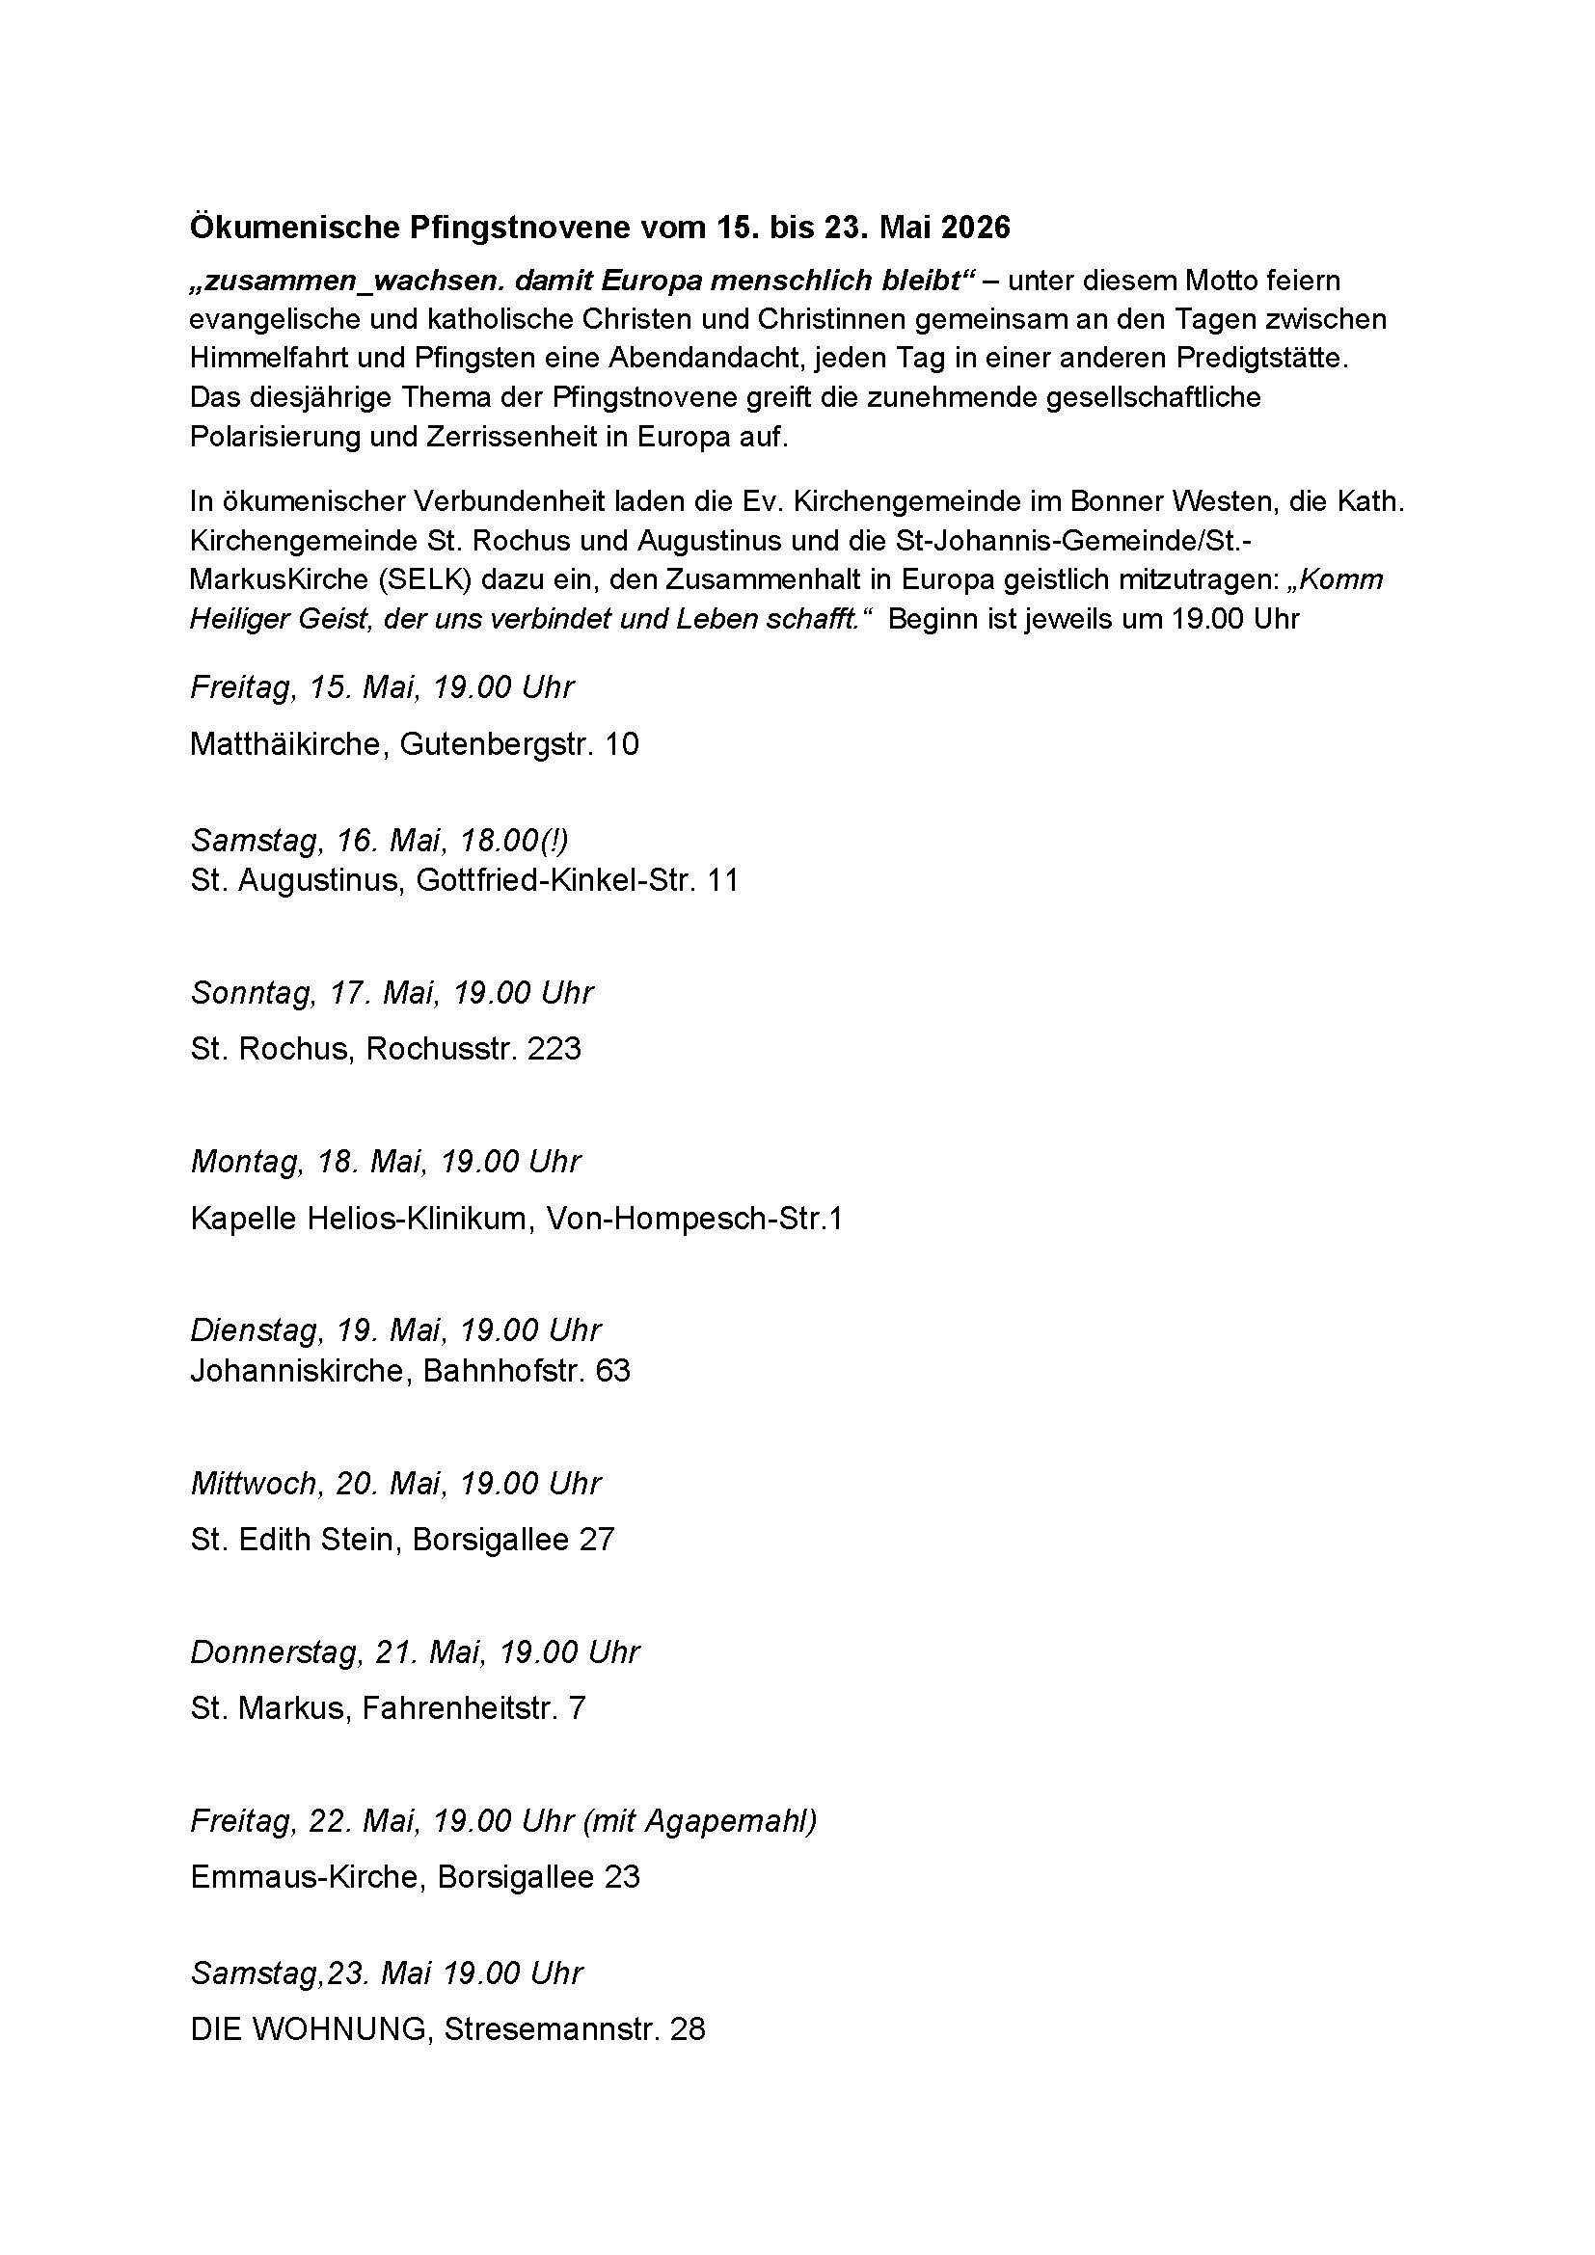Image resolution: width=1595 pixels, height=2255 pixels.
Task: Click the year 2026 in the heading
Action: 974,228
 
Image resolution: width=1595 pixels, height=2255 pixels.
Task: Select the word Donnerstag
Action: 275,1652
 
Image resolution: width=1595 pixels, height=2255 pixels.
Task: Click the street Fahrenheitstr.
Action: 453,1708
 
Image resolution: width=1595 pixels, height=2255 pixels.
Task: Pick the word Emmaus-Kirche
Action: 306,1877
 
